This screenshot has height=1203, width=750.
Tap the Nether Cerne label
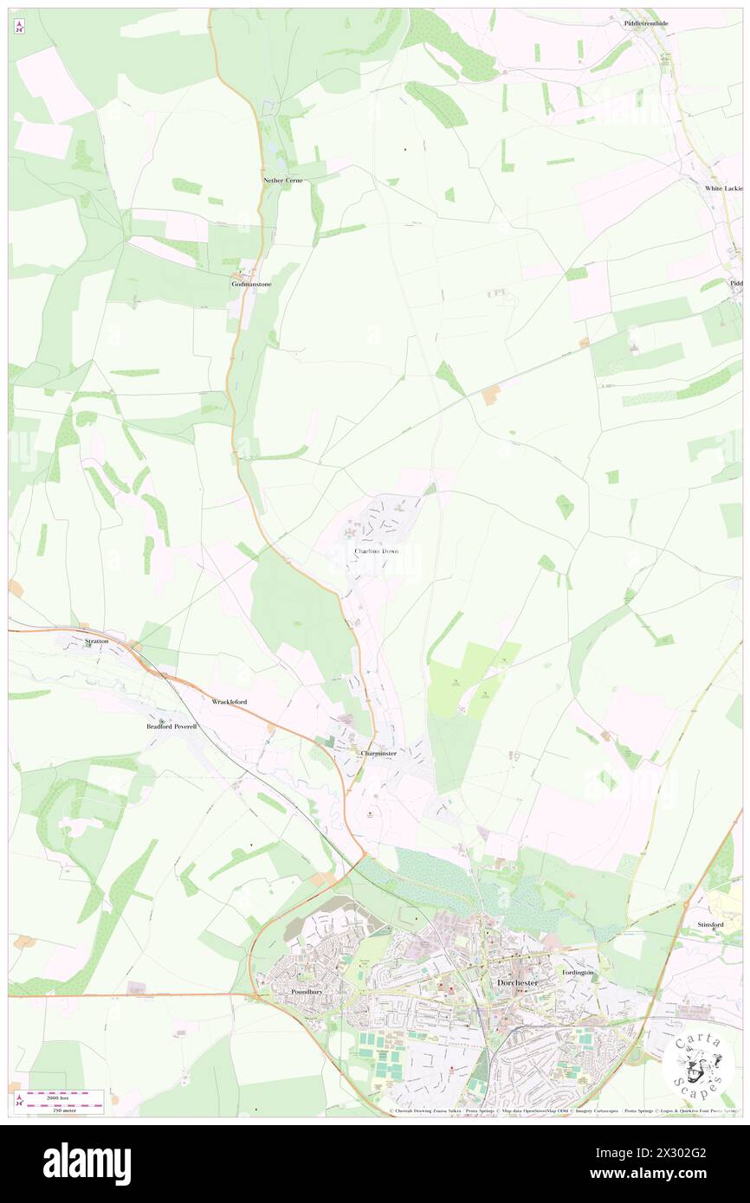283,180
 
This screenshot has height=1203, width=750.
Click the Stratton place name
97,641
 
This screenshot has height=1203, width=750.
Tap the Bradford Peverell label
171,726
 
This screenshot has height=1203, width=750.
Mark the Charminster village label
378,753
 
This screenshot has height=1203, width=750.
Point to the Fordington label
578,972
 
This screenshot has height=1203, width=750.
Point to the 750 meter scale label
63,1110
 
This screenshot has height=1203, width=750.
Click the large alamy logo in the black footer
87,1164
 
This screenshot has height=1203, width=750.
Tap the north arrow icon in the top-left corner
20,26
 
